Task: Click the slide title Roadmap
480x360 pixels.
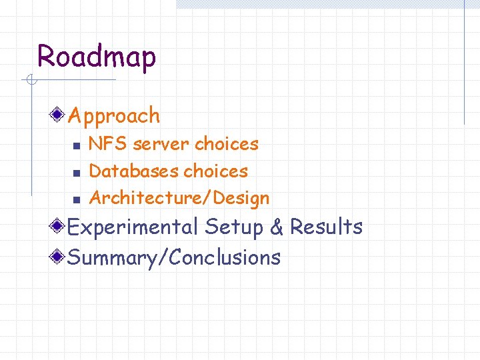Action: (x=97, y=57)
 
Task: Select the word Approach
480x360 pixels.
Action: (x=114, y=116)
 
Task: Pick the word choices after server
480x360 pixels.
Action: (x=226, y=144)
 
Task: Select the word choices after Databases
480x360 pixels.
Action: (x=215, y=171)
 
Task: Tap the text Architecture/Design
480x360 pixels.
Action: (x=179, y=198)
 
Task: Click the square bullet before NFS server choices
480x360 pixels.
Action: (x=76, y=145)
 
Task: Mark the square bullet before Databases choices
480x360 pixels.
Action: (x=76, y=173)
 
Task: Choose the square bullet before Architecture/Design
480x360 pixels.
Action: (x=76, y=199)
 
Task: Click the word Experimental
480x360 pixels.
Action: (x=133, y=227)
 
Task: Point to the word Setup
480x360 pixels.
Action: (x=234, y=227)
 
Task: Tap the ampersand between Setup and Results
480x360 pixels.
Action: (x=277, y=227)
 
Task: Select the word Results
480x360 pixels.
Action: (x=326, y=227)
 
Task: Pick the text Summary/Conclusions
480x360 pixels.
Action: (x=174, y=257)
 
